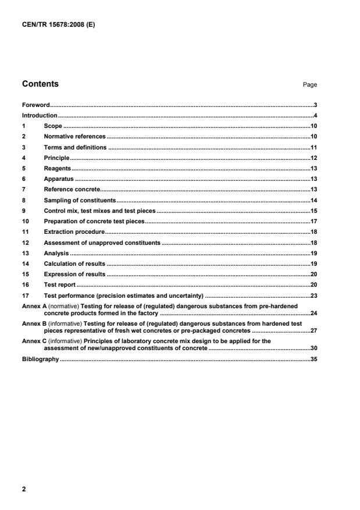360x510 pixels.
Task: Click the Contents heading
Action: [40, 84]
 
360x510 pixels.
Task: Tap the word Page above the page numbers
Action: [310, 85]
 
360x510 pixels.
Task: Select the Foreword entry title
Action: [35, 105]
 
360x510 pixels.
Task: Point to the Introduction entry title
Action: [40, 116]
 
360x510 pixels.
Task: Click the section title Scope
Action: [53, 126]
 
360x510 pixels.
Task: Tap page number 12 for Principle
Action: [313, 158]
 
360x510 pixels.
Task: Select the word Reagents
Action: [58, 169]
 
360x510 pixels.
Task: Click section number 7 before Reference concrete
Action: [24, 190]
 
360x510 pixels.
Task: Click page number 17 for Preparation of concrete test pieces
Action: [313, 222]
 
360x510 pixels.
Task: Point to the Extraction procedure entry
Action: [74, 232]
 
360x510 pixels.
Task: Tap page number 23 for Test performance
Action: [313, 295]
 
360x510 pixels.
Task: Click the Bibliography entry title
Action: [41, 359]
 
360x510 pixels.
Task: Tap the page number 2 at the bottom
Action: [24, 489]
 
